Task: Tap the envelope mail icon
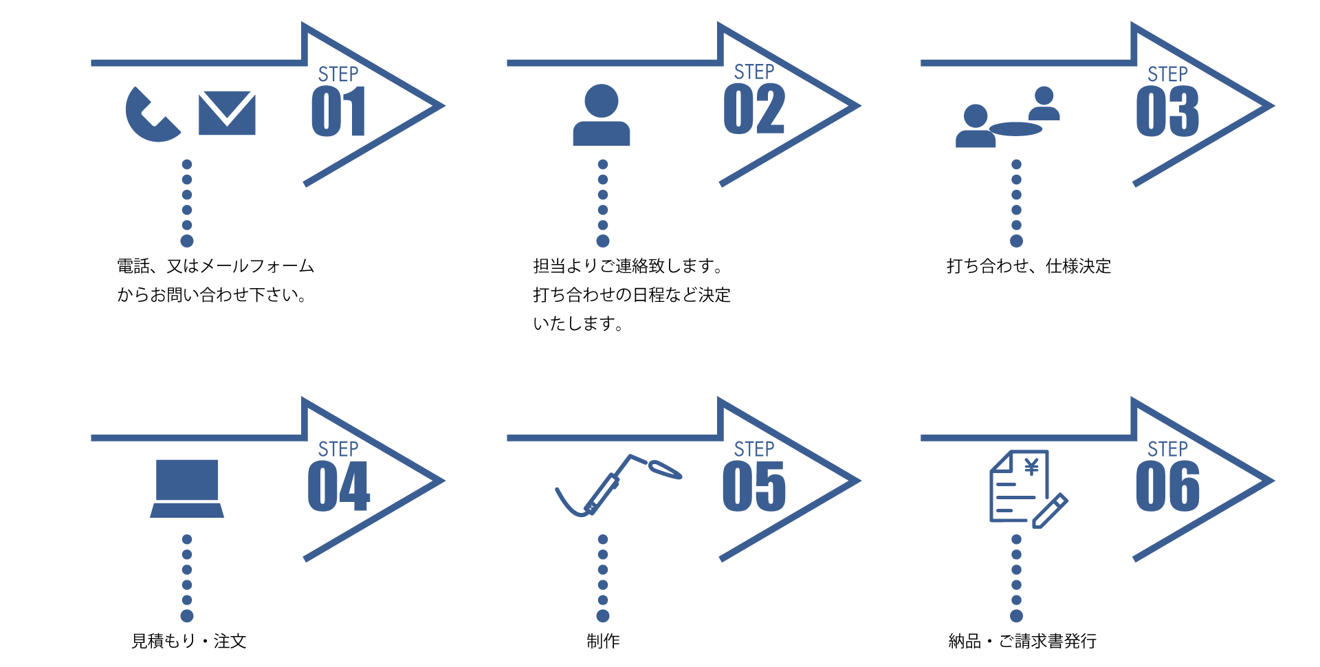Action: click(x=227, y=113)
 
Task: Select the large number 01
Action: click(x=338, y=111)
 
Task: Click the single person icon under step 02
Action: click(x=602, y=115)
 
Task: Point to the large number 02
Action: click(x=754, y=109)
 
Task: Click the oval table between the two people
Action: click(x=1015, y=129)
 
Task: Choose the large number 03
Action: click(x=1167, y=111)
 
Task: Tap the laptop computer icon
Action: click(x=187, y=489)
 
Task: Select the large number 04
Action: click(x=339, y=487)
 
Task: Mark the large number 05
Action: click(x=754, y=487)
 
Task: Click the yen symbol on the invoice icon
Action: click(x=1031, y=468)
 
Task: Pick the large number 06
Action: click(x=1167, y=487)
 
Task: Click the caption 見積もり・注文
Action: click(x=189, y=641)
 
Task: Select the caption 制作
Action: click(x=603, y=641)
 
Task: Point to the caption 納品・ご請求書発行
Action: click(x=1022, y=641)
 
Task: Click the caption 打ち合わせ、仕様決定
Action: click(x=1028, y=266)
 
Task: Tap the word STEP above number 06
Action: click(x=1167, y=449)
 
